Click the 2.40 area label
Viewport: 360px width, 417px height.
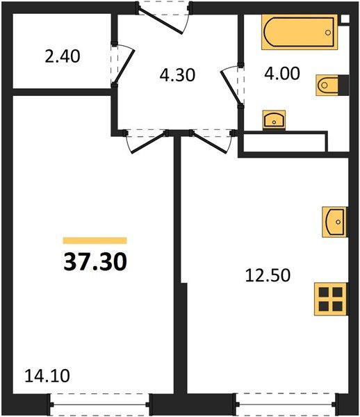[63, 56]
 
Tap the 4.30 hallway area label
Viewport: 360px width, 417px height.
[177, 75]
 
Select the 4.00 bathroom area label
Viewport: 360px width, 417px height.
[282, 73]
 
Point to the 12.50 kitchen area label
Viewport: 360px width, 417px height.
[268, 275]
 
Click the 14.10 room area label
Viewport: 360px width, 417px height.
[47, 376]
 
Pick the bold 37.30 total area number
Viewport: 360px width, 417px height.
[95, 262]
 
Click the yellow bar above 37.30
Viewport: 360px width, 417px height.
[95, 240]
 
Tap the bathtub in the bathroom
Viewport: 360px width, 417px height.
[300, 32]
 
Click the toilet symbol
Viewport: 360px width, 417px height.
[332, 85]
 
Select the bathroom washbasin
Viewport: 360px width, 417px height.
[274, 120]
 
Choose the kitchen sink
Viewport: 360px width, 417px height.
[335, 222]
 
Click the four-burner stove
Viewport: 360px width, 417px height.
[331, 299]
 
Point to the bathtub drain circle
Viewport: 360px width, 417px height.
[328, 33]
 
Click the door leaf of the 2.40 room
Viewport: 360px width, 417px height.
[124, 67]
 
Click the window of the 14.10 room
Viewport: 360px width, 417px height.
[100, 404]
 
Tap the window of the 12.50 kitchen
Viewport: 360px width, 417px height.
[286, 404]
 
